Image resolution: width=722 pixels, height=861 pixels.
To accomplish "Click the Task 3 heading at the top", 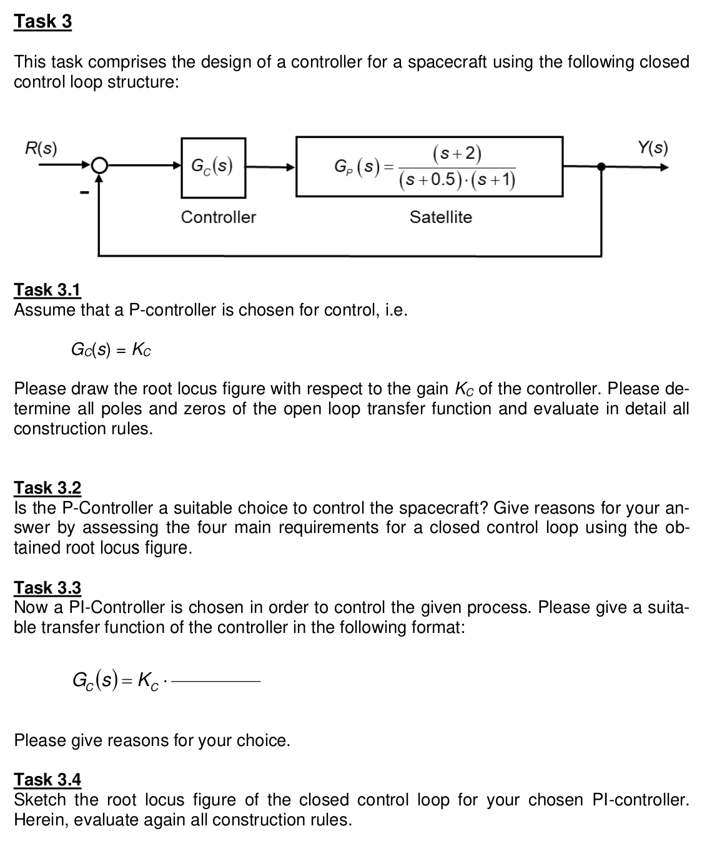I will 43,21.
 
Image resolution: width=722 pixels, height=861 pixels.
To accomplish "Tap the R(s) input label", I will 41,149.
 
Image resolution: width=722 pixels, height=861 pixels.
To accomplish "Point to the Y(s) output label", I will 653,149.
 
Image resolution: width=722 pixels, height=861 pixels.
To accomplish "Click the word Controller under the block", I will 218,217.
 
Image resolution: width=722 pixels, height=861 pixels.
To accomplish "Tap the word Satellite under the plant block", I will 440,217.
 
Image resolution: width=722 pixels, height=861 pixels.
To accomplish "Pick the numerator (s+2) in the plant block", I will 457,153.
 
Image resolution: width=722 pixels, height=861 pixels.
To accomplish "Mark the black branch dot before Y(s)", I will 601,167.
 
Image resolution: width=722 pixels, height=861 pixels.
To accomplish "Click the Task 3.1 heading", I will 47,290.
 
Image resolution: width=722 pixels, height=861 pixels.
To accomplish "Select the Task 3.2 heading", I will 47,487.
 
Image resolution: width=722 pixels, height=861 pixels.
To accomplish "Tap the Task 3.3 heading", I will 47,587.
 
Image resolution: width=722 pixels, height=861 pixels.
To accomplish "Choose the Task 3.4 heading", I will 47,779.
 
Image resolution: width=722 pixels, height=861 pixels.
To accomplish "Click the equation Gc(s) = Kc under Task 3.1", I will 111,349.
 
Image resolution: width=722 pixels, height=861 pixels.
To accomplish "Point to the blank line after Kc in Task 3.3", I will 215,681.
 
